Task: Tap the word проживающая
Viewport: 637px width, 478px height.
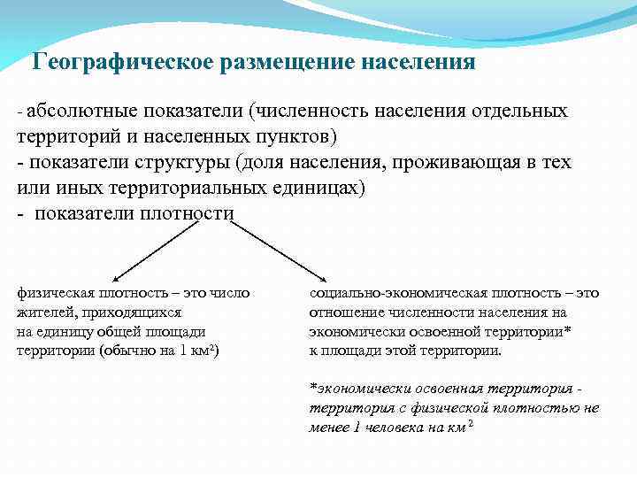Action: coord(461,164)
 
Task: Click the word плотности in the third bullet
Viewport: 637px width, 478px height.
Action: coord(190,214)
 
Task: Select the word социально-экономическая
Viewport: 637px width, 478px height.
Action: coord(393,293)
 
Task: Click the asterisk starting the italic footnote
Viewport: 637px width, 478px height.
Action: coord(312,388)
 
